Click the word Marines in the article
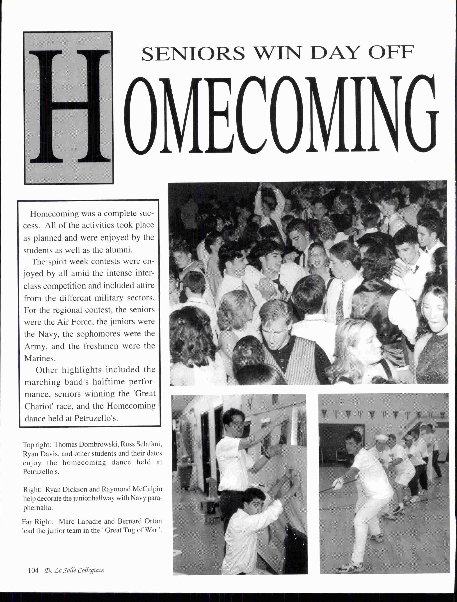40,358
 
